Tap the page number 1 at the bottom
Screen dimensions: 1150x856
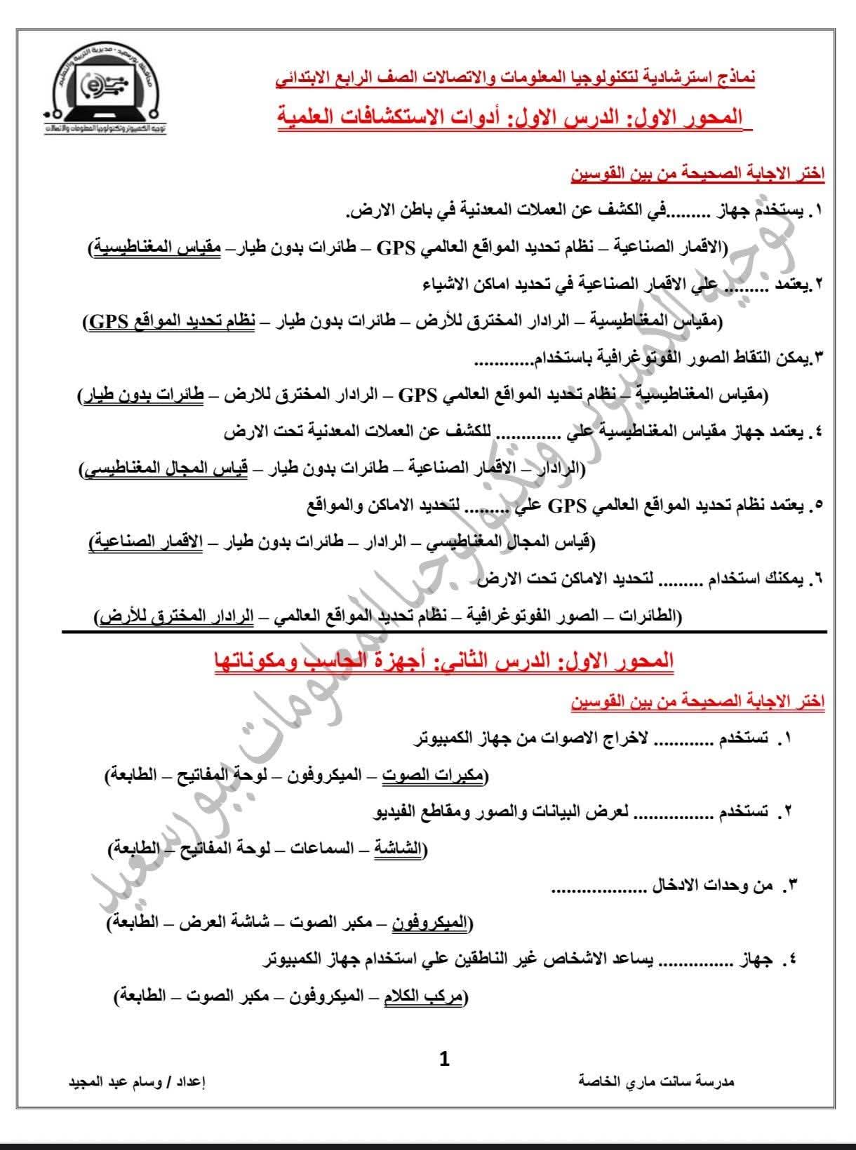[443, 1058]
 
